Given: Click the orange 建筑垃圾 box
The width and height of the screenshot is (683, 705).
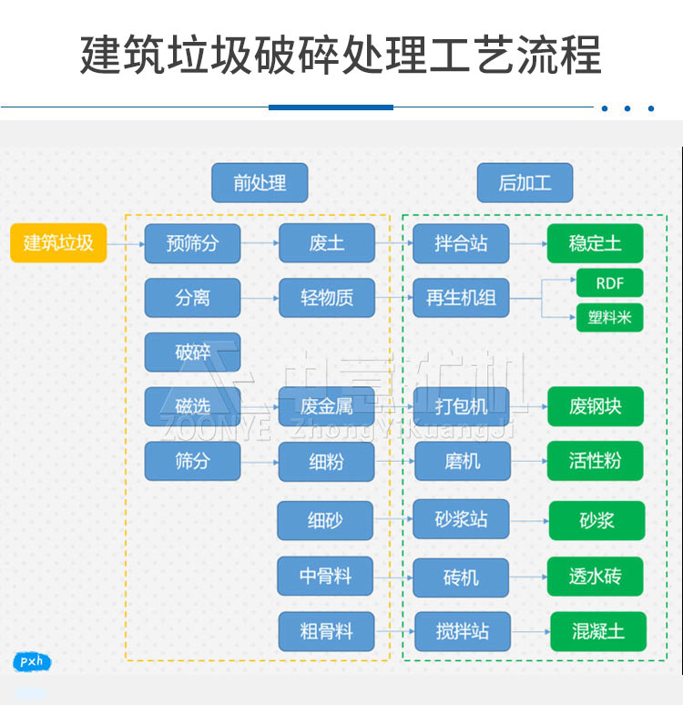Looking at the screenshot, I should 58,243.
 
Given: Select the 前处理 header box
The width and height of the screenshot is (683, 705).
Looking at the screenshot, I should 260,183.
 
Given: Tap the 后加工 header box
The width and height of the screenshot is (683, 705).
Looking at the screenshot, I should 525,183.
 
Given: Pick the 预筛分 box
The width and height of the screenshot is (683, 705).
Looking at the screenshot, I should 192,243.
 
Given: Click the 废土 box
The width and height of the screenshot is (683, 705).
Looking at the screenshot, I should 326,243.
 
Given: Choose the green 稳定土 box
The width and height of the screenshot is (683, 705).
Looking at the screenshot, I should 595,243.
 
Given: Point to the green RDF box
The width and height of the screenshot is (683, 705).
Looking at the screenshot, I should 609,283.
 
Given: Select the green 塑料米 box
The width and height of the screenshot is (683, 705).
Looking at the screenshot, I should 609,317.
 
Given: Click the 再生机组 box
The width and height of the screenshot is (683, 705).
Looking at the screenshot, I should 461,298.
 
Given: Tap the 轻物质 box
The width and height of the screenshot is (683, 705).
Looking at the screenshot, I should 326,298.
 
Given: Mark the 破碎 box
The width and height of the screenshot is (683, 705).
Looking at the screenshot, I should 192,352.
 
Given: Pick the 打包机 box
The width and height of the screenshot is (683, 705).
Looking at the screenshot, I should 461,406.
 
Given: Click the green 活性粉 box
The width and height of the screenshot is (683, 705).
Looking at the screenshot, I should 595,461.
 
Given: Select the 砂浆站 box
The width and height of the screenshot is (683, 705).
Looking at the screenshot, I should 461,519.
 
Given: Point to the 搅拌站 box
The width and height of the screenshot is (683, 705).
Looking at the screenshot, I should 463,631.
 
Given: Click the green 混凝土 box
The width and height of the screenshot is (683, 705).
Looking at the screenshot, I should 598,631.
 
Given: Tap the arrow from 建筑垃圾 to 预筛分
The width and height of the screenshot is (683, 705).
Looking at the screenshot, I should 126,243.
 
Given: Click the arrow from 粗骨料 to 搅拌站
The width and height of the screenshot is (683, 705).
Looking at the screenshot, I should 394,631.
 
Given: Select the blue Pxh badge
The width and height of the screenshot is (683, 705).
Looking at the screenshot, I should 32,662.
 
